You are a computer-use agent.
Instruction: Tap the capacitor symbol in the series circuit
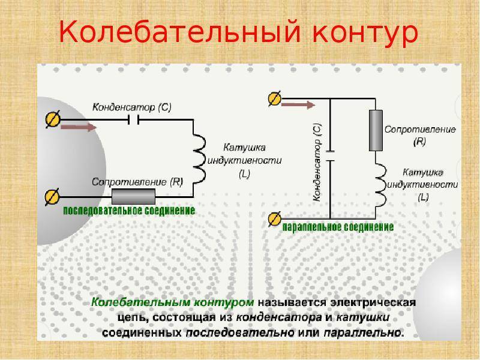coord(133,119)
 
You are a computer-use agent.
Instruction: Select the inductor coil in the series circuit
coord(199,159)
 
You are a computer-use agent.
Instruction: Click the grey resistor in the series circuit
coord(133,197)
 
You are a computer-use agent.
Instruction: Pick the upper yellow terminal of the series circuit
coord(53,119)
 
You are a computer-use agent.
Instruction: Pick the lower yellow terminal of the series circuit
coord(52,197)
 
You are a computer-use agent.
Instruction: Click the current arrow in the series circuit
coord(79,127)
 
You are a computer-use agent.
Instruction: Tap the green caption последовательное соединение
coord(129,211)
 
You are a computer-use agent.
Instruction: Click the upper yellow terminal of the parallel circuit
coord(275,98)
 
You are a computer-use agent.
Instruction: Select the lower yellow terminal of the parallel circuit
coord(275,219)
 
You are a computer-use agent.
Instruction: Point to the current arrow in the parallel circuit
coord(298,105)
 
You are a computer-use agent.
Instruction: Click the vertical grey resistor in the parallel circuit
coord(376,130)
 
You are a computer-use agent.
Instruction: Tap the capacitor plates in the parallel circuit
coord(330,156)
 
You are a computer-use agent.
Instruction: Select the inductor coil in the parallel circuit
coord(380,185)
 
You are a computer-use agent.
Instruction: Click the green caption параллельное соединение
coord(338,227)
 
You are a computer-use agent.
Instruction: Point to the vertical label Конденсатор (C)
coord(317,162)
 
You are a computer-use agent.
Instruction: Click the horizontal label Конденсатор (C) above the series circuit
coord(132,107)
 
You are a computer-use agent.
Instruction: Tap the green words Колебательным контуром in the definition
coord(173,302)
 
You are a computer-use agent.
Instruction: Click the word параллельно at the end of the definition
coord(364,332)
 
